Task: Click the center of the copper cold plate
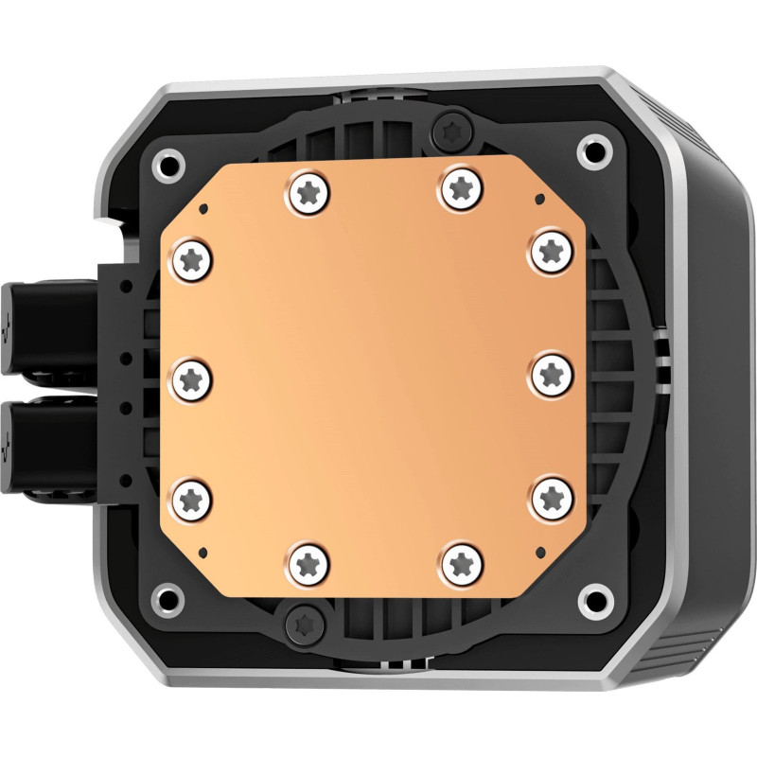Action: tap(373, 376)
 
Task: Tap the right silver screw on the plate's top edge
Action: tap(461, 185)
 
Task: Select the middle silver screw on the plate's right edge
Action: tap(550, 372)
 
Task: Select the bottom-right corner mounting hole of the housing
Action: tap(594, 598)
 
